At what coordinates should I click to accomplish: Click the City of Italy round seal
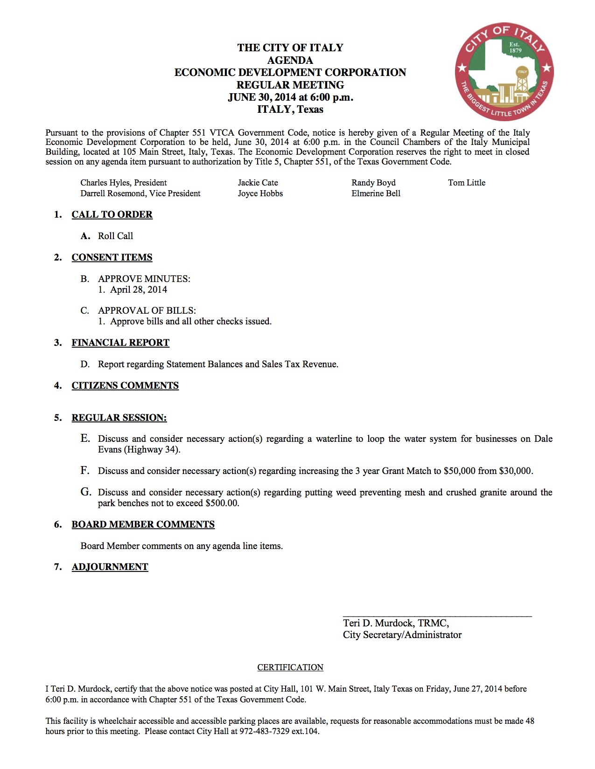pyautogui.click(x=504, y=72)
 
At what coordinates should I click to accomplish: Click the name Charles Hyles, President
pyautogui.click(x=123, y=183)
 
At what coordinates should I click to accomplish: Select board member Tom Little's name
pyautogui.click(x=467, y=183)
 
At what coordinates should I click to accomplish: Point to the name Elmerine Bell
pyautogui.click(x=376, y=193)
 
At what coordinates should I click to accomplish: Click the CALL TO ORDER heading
pyautogui.click(x=112, y=214)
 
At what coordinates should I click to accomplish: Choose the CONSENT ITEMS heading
pyautogui.click(x=112, y=257)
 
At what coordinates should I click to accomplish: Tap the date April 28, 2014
pyautogui.click(x=139, y=289)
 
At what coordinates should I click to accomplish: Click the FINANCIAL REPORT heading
pyautogui.click(x=120, y=343)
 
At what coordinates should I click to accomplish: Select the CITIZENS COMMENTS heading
pyautogui.click(x=125, y=385)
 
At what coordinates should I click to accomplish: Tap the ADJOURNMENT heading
pyautogui.click(x=110, y=567)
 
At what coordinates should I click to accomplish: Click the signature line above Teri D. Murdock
pyautogui.click(x=437, y=616)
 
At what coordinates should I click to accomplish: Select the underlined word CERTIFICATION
pyautogui.click(x=290, y=667)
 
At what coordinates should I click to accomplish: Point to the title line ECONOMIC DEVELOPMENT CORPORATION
pyautogui.click(x=290, y=73)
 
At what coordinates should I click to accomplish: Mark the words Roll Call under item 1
pyautogui.click(x=115, y=236)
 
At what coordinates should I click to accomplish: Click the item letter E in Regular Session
pyautogui.click(x=84, y=438)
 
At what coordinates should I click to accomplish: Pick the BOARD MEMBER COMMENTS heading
pyautogui.click(x=143, y=524)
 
